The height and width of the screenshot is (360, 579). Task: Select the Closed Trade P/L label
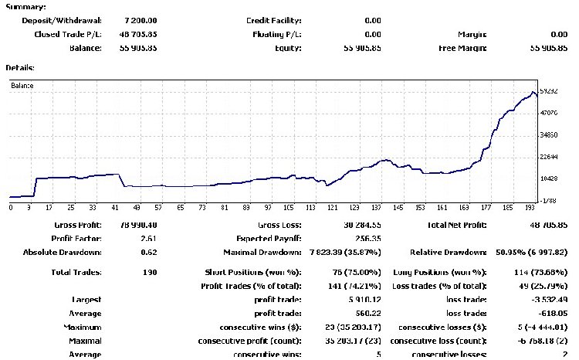pyautogui.click(x=67, y=34)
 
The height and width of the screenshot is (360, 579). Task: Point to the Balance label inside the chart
pyautogui.click(x=22, y=85)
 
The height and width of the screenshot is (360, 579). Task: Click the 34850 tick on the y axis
pyautogui.click(x=549, y=135)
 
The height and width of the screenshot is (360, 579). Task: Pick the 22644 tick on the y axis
pyautogui.click(x=549, y=157)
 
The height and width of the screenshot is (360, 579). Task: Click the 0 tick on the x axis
pyautogui.click(x=11, y=207)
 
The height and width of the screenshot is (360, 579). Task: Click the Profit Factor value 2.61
pyautogui.click(x=146, y=238)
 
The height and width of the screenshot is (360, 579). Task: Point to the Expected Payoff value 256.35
pyautogui.click(x=364, y=238)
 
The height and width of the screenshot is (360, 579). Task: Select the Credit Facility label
pyautogui.click(x=274, y=20)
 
